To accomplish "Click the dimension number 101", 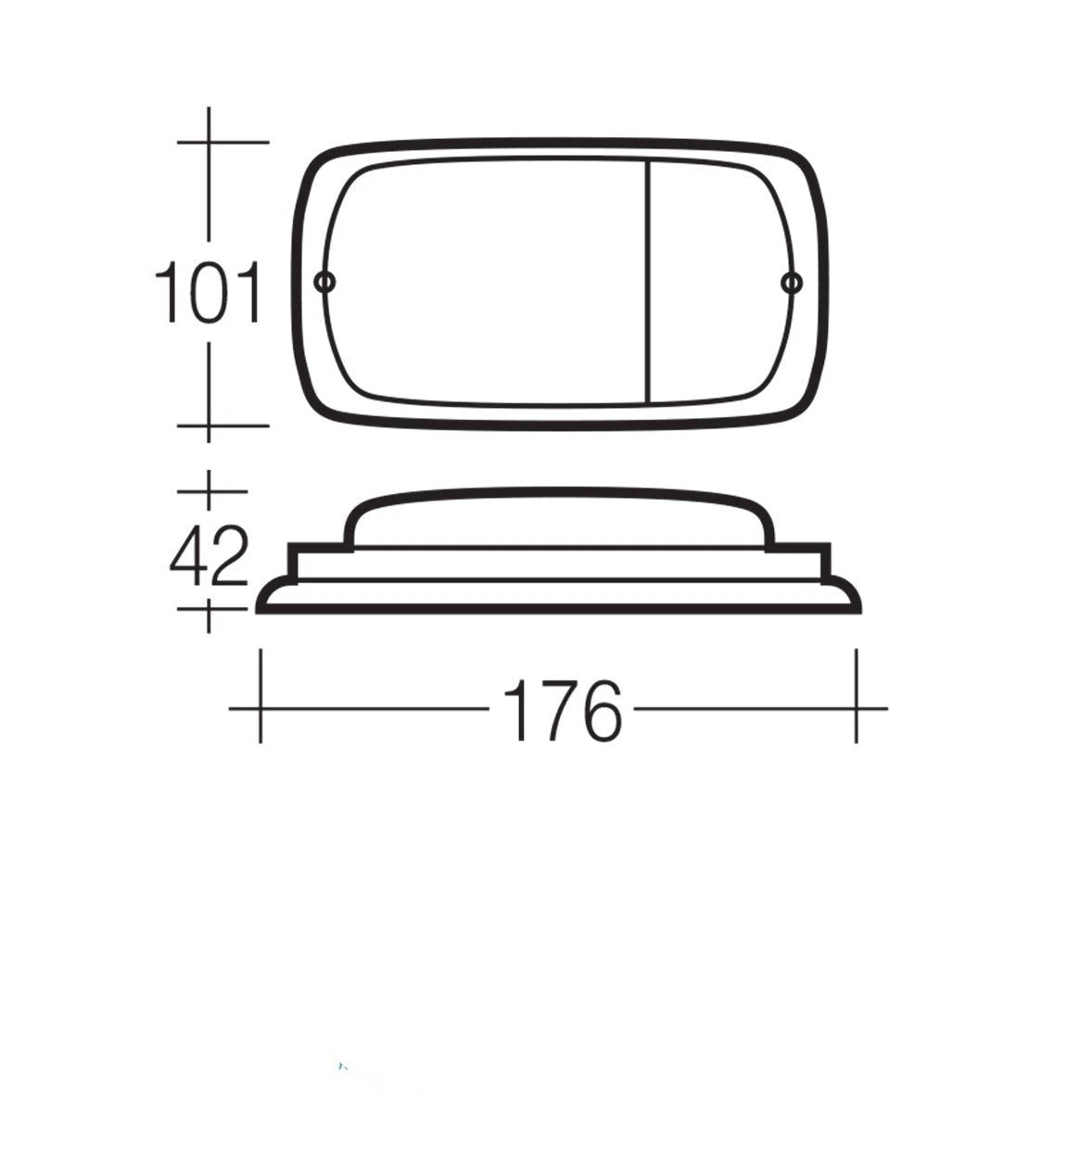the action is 209,293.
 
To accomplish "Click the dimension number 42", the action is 210,555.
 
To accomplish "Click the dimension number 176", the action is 562,711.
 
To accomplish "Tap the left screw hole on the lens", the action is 324,284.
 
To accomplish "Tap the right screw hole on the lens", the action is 791,284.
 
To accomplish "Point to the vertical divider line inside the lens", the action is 649,281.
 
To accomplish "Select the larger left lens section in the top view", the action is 486,281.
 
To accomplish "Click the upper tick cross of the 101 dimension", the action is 209,141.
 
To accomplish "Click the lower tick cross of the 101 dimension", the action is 209,425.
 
